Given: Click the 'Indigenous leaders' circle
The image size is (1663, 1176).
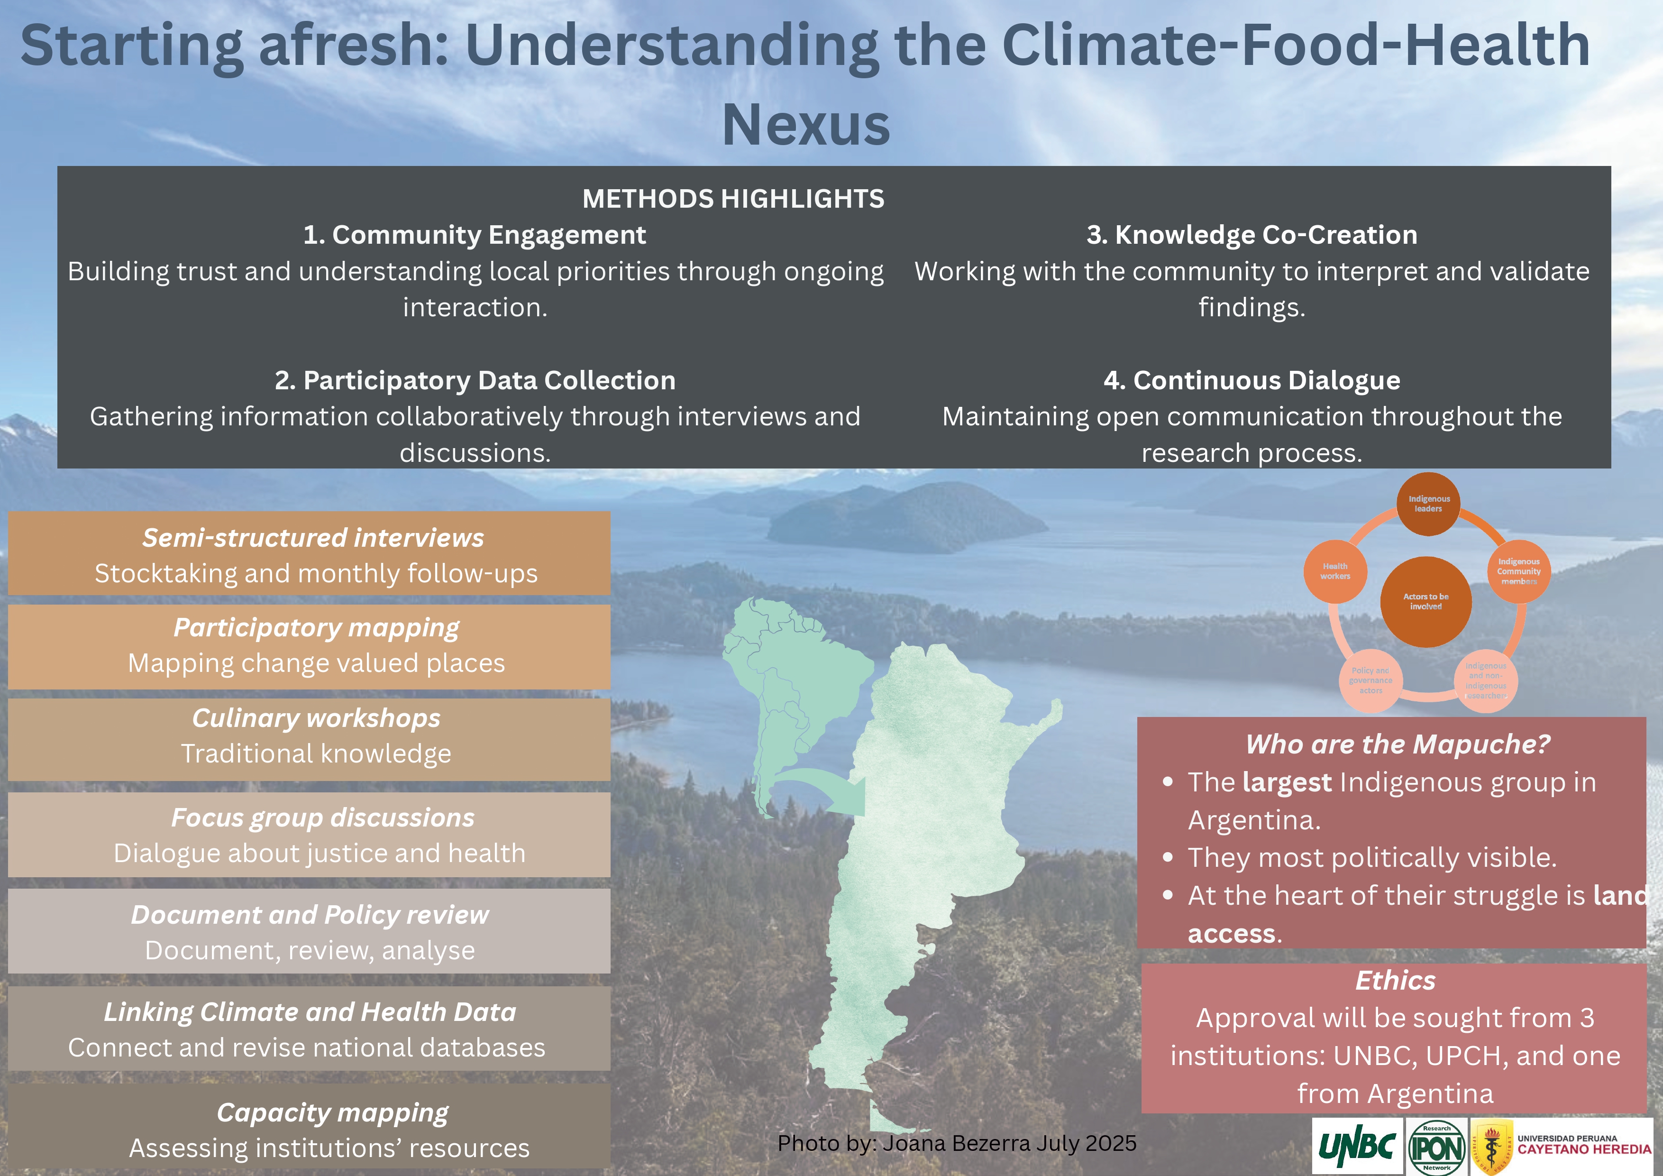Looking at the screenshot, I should [x=1428, y=505].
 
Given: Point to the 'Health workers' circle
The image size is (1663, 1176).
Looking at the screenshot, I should [x=1335, y=572].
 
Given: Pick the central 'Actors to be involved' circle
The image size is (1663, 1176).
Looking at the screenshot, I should [x=1425, y=602].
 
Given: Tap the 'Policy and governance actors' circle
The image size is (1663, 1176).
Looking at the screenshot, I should [x=1371, y=680].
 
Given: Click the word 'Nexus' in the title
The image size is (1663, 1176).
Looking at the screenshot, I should [x=805, y=125].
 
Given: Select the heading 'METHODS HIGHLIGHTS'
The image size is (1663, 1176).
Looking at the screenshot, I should [x=733, y=199].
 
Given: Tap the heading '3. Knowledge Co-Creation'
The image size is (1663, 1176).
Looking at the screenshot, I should [x=1252, y=235].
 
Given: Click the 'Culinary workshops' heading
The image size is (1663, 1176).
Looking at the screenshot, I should [x=316, y=718].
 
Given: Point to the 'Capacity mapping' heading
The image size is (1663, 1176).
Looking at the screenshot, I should [x=332, y=1112].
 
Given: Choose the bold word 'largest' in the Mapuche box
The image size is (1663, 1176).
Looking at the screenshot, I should [x=1287, y=782].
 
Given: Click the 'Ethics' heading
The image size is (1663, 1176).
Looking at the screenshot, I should [x=1395, y=980].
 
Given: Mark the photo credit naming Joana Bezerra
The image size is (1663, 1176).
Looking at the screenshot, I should [x=956, y=1143].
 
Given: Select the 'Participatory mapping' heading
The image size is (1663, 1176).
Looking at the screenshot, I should [x=316, y=627].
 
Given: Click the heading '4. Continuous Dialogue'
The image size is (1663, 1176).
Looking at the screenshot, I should [x=1252, y=380].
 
